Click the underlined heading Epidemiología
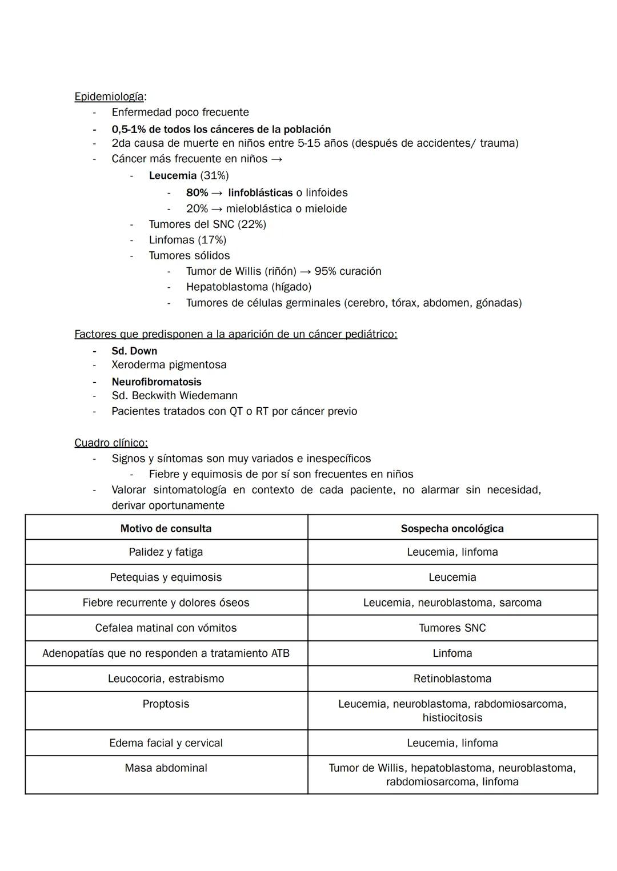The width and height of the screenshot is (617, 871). (x=109, y=97)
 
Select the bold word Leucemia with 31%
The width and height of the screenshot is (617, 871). (x=173, y=175)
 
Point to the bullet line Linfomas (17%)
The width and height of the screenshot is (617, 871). (x=187, y=240)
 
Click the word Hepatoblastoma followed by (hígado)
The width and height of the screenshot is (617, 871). (x=226, y=287)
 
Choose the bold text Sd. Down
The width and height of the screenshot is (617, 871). (x=134, y=351)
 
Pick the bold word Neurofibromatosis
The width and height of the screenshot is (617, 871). (x=157, y=382)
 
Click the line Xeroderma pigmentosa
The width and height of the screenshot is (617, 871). (x=169, y=364)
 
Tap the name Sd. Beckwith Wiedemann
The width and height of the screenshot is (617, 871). (x=174, y=395)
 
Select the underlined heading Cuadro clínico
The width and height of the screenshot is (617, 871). (x=111, y=443)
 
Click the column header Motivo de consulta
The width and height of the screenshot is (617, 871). (x=166, y=528)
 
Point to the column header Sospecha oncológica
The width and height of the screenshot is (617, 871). (x=452, y=528)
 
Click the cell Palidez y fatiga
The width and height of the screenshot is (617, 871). (x=166, y=552)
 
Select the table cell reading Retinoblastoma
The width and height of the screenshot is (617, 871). (x=452, y=679)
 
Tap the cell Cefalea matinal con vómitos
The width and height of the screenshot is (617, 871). (x=166, y=628)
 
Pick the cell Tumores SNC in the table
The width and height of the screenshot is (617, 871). (x=452, y=628)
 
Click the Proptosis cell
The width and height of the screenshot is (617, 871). (x=166, y=704)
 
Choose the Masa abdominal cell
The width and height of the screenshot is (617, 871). (x=166, y=768)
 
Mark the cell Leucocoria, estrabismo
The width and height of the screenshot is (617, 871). (x=166, y=679)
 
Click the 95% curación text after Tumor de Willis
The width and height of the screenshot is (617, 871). (x=348, y=271)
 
